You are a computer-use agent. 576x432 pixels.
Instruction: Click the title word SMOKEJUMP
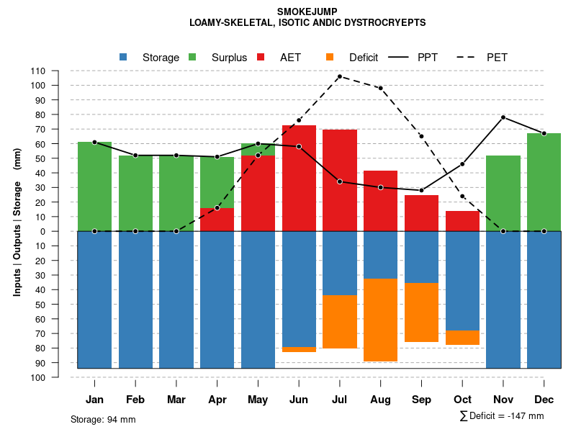pyautogui.click(x=307, y=12)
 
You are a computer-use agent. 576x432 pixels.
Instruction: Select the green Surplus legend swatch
pyautogui.click(x=193, y=58)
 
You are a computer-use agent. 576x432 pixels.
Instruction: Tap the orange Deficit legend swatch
pyautogui.click(x=330, y=58)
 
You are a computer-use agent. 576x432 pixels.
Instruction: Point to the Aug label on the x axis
pyautogui.click(x=380, y=400)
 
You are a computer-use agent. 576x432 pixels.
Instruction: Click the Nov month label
pyautogui.click(x=503, y=400)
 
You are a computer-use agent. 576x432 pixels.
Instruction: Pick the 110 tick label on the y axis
pyautogui.click(x=37, y=71)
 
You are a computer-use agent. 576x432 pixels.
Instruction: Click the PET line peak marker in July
pyautogui.click(x=339, y=76)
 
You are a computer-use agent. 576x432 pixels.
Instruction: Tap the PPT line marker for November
pyautogui.click(x=503, y=117)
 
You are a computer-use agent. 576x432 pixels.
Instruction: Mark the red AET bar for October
pyautogui.click(x=462, y=221)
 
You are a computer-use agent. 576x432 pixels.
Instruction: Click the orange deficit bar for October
pyautogui.click(x=462, y=338)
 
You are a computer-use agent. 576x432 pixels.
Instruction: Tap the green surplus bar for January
pyautogui.click(x=94, y=186)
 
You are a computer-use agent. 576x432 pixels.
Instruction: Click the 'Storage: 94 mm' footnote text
pyautogui.click(x=103, y=419)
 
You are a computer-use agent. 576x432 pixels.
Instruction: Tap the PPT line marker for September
pyautogui.click(x=421, y=191)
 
